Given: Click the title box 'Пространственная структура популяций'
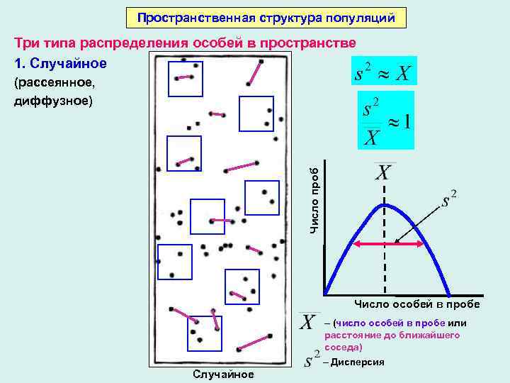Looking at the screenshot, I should (x=266, y=17).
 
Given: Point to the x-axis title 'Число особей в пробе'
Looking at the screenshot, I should (x=417, y=304).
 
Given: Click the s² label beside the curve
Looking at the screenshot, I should (x=448, y=199).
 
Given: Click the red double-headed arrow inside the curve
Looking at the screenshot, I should (x=389, y=244).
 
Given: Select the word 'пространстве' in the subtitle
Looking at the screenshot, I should (x=308, y=43).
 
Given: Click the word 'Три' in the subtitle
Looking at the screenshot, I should (x=28, y=43).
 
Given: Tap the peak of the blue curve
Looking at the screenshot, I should (x=383, y=204).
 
